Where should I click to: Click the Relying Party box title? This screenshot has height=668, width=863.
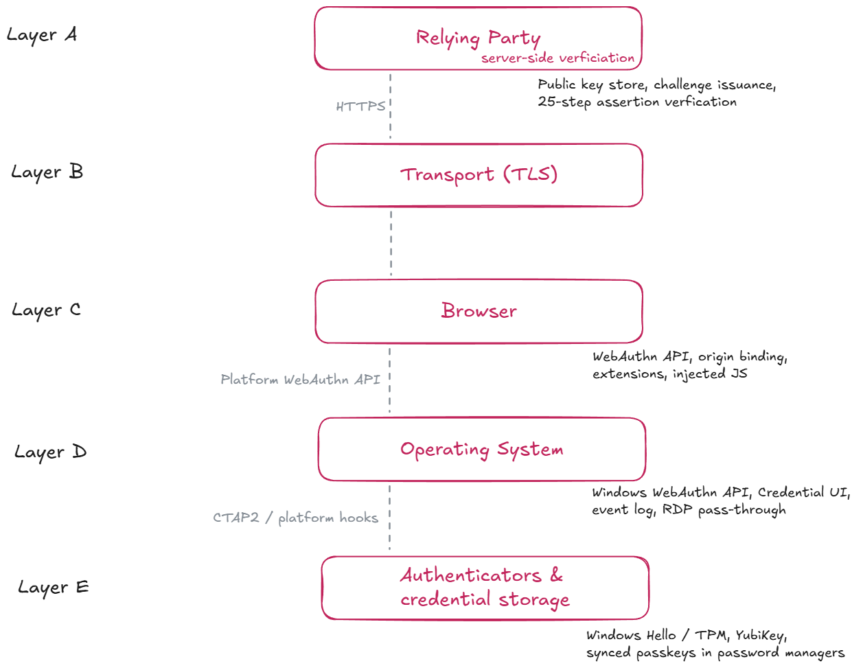(x=478, y=38)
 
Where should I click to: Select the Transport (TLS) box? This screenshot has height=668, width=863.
(x=479, y=175)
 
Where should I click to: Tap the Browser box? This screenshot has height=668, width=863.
(x=479, y=312)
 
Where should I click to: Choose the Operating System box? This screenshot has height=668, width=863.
(x=482, y=449)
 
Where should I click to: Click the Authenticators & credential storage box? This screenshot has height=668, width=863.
(x=485, y=588)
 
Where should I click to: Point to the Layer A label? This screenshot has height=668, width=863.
(x=42, y=35)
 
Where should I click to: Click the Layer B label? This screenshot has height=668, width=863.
(x=47, y=172)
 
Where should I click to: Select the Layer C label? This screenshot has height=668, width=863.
(x=46, y=310)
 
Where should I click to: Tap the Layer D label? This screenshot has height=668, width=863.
(x=50, y=452)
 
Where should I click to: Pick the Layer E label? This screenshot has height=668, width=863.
(x=54, y=588)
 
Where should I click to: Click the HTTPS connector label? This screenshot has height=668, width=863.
(x=360, y=106)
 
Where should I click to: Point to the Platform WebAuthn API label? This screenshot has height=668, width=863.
(x=300, y=380)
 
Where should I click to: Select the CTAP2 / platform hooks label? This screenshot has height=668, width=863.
(x=295, y=518)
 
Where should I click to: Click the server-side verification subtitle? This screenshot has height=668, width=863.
(x=557, y=58)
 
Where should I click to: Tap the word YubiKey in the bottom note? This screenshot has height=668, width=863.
(x=761, y=636)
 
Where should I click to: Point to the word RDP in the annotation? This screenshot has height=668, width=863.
(x=677, y=509)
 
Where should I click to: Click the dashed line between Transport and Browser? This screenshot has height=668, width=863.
(x=391, y=244)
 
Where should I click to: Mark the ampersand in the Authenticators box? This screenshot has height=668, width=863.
(x=556, y=575)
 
